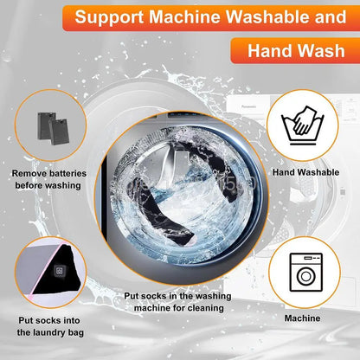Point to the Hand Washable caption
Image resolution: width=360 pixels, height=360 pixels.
[305, 173]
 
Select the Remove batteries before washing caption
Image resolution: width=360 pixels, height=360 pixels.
[49, 179]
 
